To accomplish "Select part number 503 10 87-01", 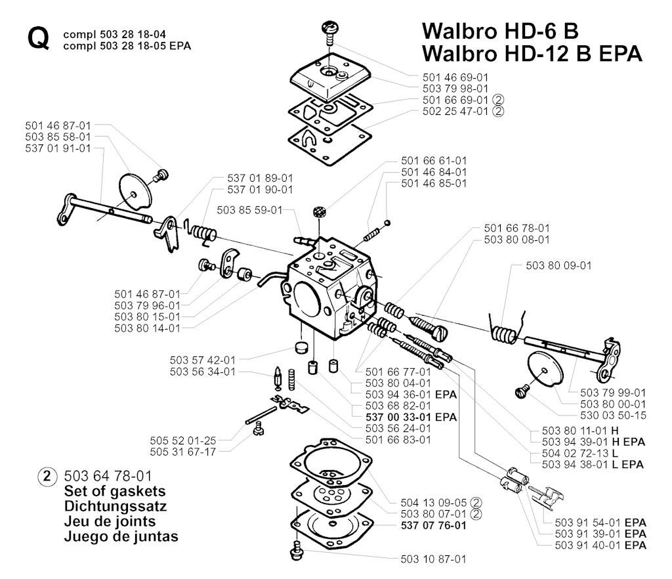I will tap(432, 559).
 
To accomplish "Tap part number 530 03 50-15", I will tap(614, 416).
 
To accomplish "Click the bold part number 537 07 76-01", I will tap(432, 526).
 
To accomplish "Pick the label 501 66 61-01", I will tap(434, 160).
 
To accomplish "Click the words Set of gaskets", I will tap(115, 491).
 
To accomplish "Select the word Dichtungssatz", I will tap(115, 506).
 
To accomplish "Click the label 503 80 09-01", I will tap(558, 266).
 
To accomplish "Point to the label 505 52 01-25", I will tap(182, 440).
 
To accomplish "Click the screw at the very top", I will tap(329, 30).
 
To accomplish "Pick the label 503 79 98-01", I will tap(455, 87).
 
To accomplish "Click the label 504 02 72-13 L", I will tap(579, 453).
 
